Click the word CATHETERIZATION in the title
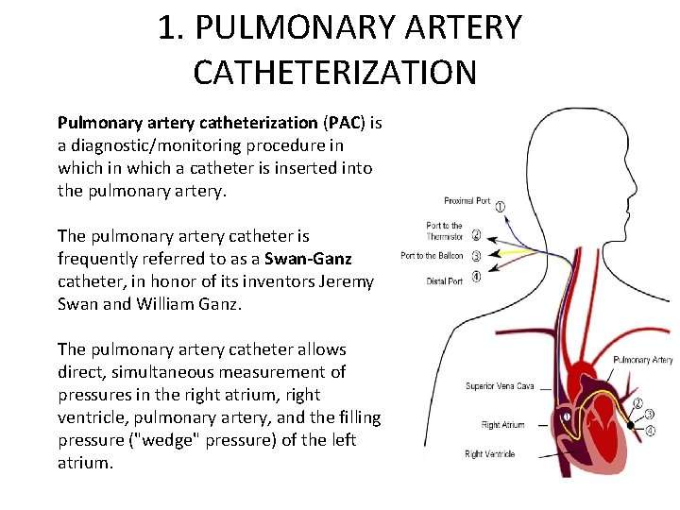click(335, 71)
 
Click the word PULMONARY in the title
click(303, 27)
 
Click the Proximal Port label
click(467, 200)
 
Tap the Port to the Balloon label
click(432, 256)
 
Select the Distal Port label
click(444, 280)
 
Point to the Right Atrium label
click(502, 425)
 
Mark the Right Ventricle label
click(489, 454)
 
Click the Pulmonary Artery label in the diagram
click(642, 360)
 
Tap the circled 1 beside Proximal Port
click(500, 206)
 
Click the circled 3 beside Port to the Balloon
click(477, 256)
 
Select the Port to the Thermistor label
click(444, 230)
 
